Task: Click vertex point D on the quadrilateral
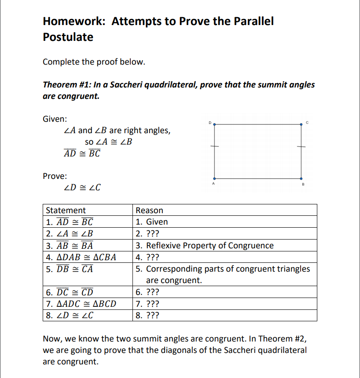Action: pyautogui.click(x=214, y=124)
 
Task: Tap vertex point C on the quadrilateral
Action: pyautogui.click(x=301, y=124)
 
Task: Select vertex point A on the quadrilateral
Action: pyautogui.click(x=214, y=178)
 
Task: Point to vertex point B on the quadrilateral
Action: pyautogui.click(x=301, y=178)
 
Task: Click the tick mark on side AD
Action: pyautogui.click(x=214, y=147)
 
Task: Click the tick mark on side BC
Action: pyautogui.click(x=301, y=147)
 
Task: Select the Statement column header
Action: pyautogui.click(x=66, y=211)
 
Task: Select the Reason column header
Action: pyautogui.click(x=150, y=211)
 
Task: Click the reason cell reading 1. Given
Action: pyautogui.click(x=152, y=222)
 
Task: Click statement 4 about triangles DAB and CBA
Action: pyautogui.click(x=81, y=257)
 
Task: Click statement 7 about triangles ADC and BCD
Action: pyautogui.click(x=81, y=304)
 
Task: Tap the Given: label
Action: pyautogui.click(x=55, y=119)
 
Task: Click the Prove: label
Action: pyautogui.click(x=55, y=176)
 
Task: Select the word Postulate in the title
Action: pyautogui.click(x=68, y=37)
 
